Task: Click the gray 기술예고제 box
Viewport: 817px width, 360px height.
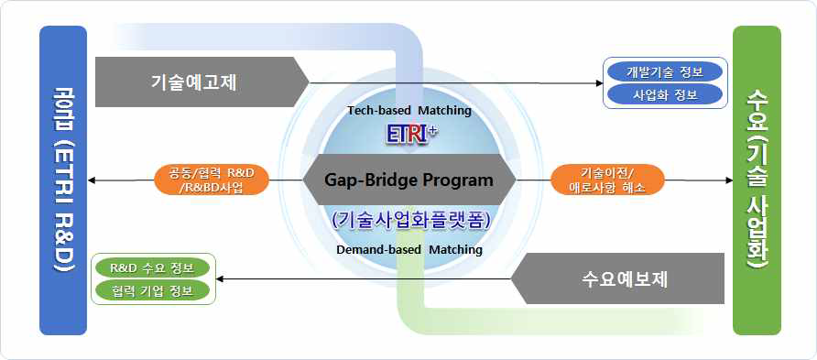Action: coord(201,82)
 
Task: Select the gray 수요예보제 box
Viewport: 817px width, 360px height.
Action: coord(618,278)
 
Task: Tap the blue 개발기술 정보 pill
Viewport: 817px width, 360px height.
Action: coord(662,71)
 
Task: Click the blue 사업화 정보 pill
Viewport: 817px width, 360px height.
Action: coord(662,94)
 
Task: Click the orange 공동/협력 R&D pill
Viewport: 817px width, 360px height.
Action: coord(212,180)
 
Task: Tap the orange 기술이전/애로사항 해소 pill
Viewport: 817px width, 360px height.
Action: coord(607,180)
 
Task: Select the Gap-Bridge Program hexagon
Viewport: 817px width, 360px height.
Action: coord(409,180)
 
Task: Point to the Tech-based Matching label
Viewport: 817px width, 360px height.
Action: coord(409,111)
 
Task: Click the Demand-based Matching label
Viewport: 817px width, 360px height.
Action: coord(409,249)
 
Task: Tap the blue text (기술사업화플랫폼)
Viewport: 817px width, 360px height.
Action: coord(410,221)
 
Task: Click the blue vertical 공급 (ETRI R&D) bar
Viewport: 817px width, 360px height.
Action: coord(63,180)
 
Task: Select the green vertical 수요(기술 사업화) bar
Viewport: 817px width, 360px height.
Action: coord(757,180)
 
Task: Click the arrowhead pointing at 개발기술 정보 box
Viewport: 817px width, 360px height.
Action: coord(599,82)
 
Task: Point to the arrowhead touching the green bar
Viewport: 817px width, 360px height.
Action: coord(728,180)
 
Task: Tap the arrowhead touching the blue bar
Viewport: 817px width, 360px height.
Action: coord(92,180)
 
